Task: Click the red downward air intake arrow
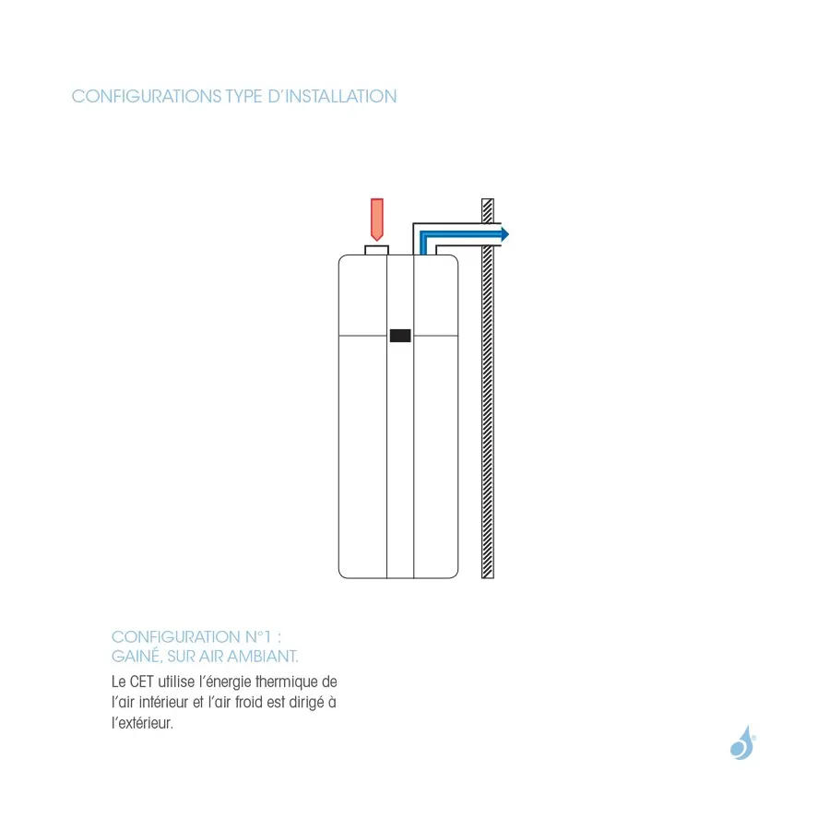377,219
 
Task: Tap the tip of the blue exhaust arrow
509,234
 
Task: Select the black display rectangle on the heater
400,336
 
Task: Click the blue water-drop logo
742,742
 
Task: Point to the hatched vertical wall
488,388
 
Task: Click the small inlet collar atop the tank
377,250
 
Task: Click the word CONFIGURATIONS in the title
147,96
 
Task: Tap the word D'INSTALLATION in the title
332,96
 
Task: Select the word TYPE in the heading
244,96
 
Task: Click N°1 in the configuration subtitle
258,636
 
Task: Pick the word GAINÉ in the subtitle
136,657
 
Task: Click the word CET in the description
141,682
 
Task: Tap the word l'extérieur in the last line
142,722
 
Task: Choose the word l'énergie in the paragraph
225,682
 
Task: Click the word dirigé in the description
306,703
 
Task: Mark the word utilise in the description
176,682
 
